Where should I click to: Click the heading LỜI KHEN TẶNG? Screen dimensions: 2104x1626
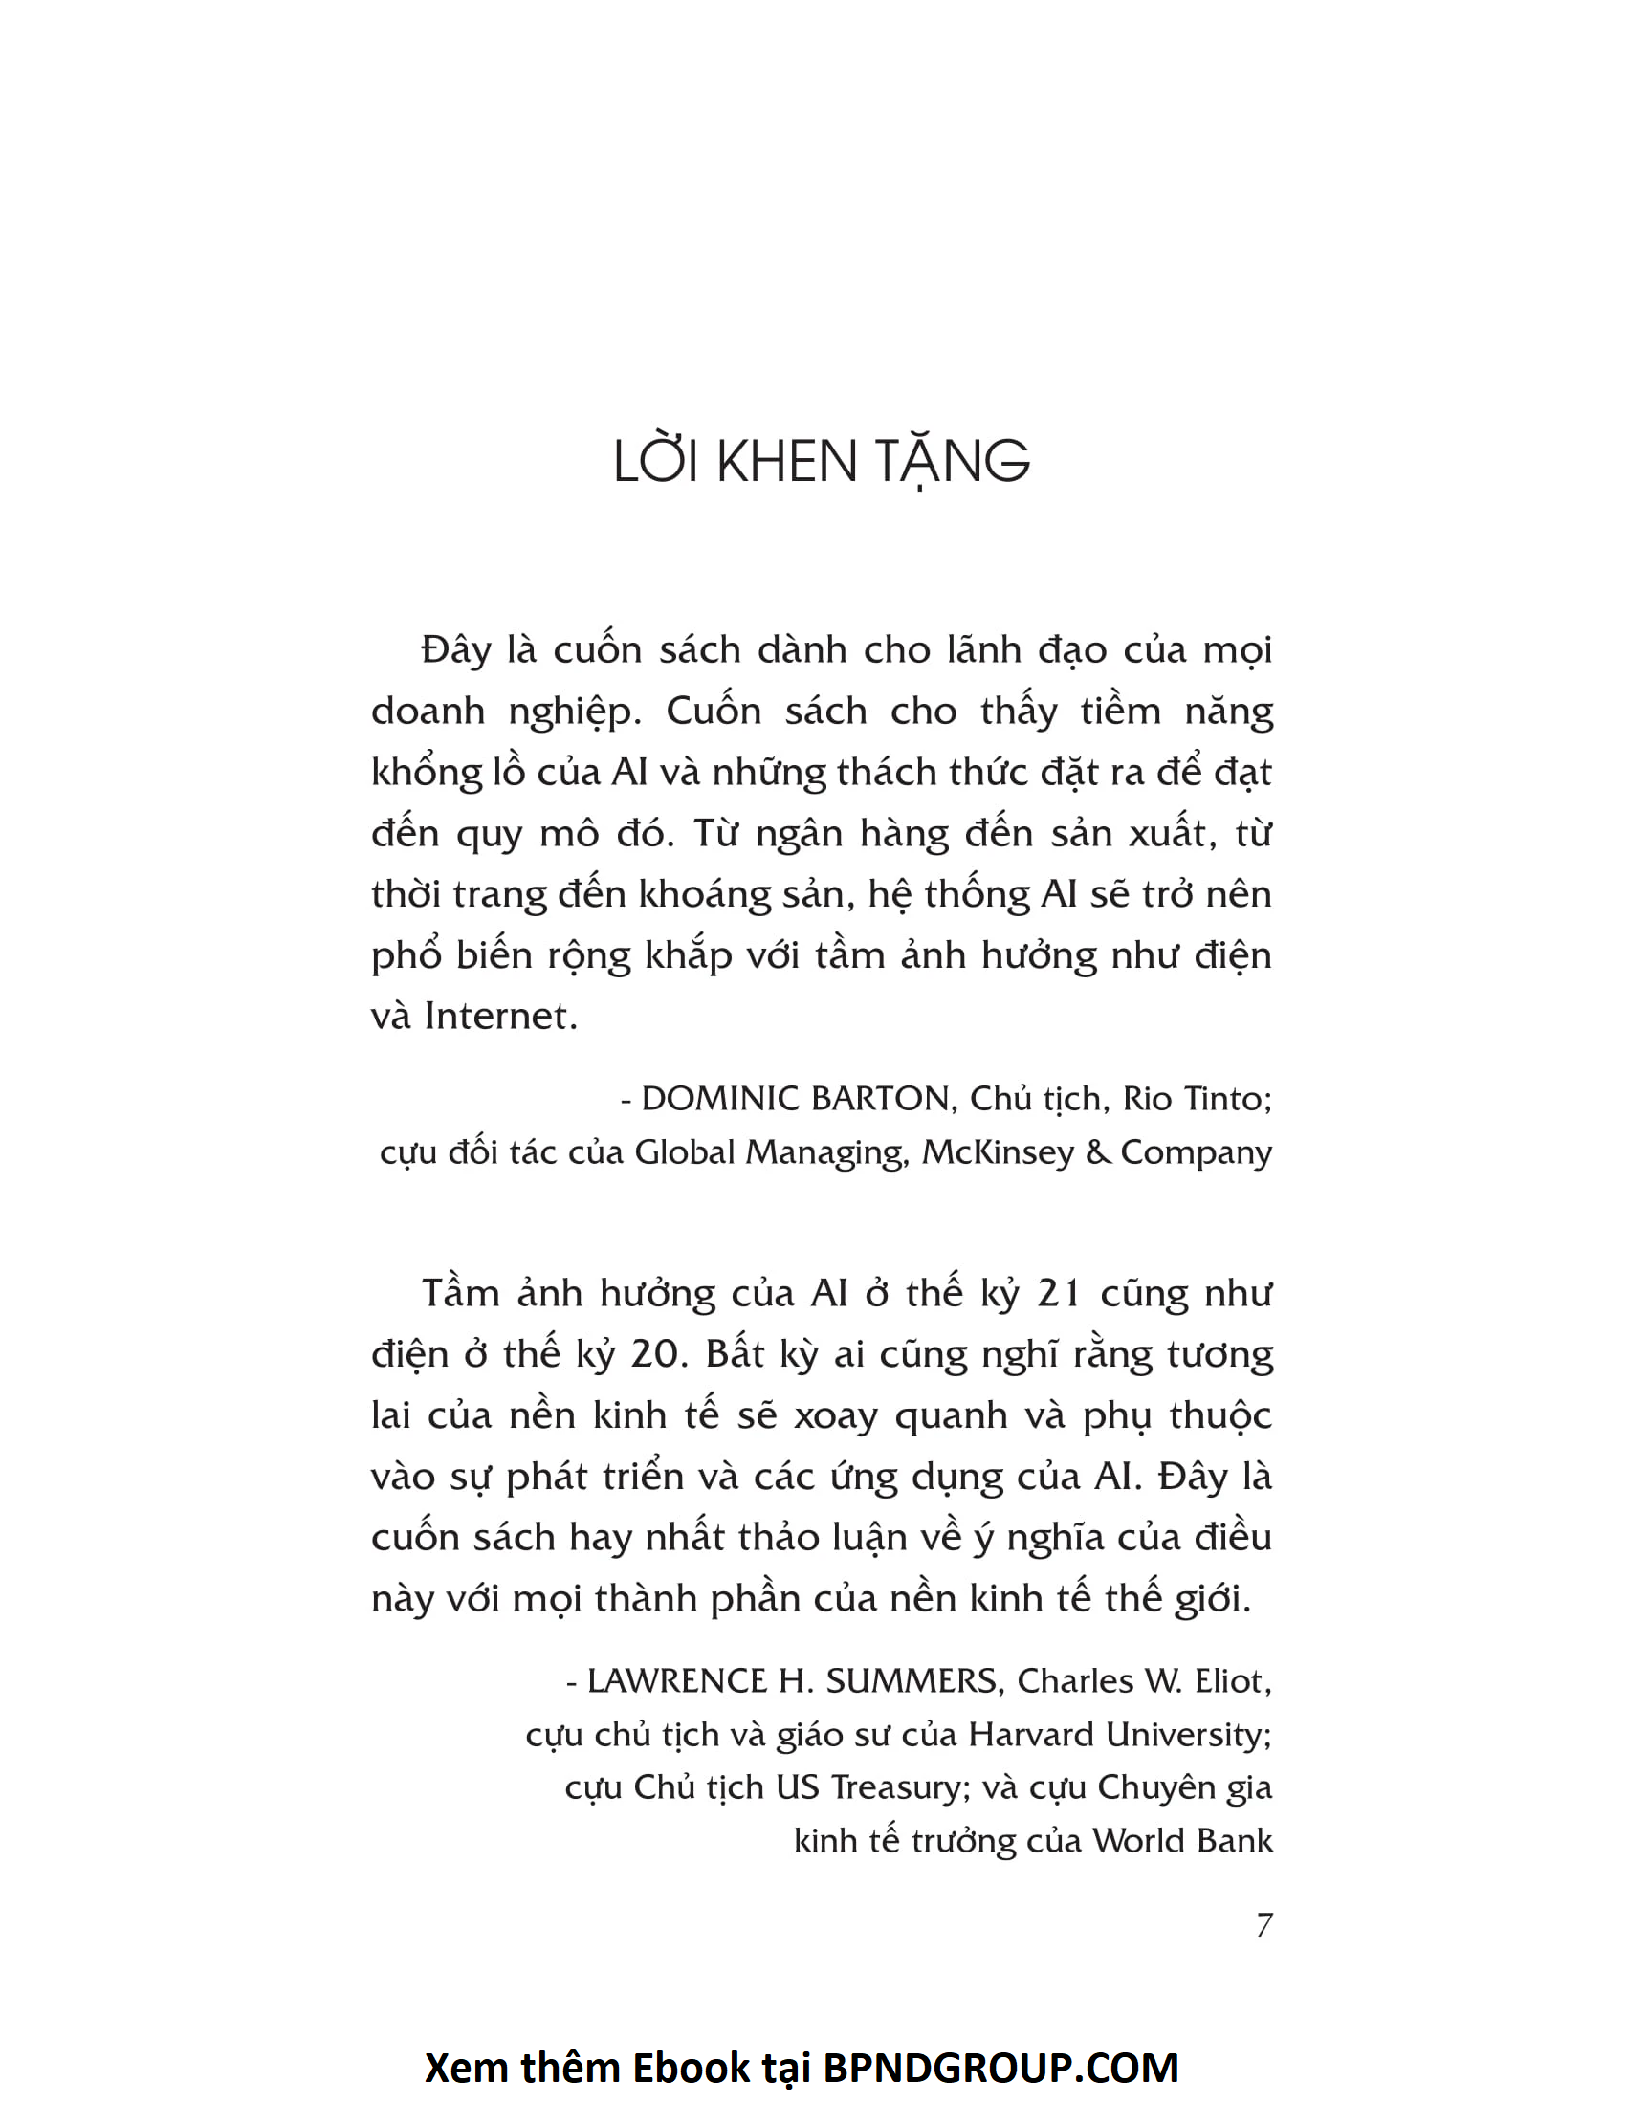click(821, 462)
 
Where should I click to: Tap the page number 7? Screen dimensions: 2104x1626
click(1263, 1925)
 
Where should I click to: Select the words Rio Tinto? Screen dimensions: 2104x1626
click(1197, 1098)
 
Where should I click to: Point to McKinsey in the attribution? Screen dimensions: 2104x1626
click(998, 1152)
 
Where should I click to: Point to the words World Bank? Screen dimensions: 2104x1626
click(1183, 1841)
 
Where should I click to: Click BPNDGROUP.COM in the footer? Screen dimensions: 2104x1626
click(1000, 2068)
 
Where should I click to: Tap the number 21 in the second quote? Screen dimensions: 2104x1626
click(1058, 1294)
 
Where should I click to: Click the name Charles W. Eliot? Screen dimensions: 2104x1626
click(1143, 1681)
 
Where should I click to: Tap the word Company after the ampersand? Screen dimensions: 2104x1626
click(1196, 1152)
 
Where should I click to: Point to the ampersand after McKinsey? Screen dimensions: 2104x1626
click(1097, 1152)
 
